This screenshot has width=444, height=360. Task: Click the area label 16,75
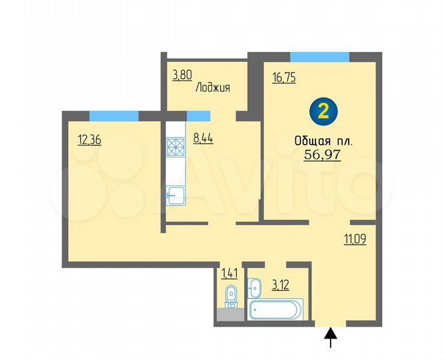284,77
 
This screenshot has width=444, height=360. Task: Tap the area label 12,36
89,139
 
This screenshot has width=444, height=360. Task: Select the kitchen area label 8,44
204,139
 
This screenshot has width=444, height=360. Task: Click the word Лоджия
213,87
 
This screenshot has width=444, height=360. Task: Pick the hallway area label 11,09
355,238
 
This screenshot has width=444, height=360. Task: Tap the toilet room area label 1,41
229,272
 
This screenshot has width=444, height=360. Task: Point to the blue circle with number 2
323,111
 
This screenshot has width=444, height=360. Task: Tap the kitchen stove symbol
175,145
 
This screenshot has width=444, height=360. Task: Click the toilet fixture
231,295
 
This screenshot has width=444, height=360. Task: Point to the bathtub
275,309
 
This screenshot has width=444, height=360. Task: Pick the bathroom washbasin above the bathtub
255,288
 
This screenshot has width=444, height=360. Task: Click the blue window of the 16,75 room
319,57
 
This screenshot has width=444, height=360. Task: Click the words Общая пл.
323,141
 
